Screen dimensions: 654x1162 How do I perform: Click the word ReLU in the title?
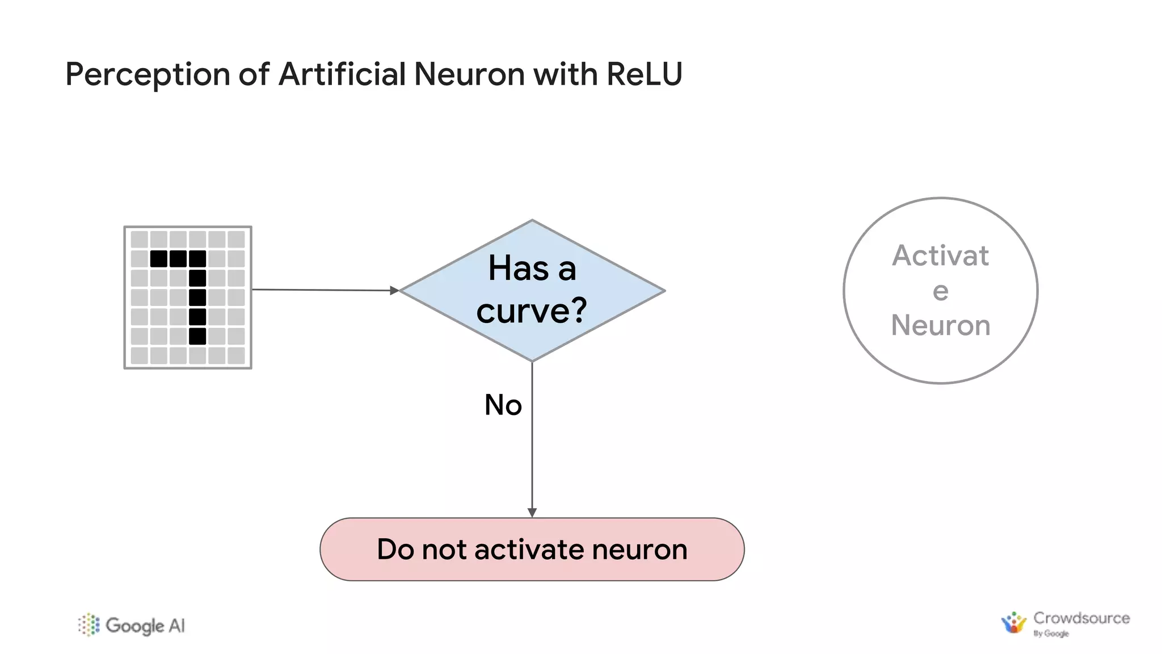tap(643, 74)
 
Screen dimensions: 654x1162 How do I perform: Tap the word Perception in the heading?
tap(147, 74)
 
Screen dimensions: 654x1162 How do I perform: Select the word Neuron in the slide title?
tap(469, 74)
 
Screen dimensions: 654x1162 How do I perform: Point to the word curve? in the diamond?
tap(531, 311)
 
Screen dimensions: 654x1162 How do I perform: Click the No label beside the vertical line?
tap(503, 405)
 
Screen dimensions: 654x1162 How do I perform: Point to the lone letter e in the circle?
tap(940, 291)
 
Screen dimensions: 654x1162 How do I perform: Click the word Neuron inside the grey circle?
tap(940, 325)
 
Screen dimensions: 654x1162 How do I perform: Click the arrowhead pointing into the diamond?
tap(394, 291)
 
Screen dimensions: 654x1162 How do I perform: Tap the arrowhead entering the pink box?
tap(532, 512)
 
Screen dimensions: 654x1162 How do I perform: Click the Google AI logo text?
tap(145, 626)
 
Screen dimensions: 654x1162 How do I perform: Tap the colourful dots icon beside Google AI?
tap(89, 624)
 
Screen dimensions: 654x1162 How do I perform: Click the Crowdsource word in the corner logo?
tap(1081, 618)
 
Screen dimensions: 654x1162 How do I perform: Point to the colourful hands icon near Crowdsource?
tap(1013, 623)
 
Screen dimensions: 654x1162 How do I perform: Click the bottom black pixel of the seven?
tap(197, 336)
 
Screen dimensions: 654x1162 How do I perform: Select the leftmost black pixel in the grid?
tap(159, 259)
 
